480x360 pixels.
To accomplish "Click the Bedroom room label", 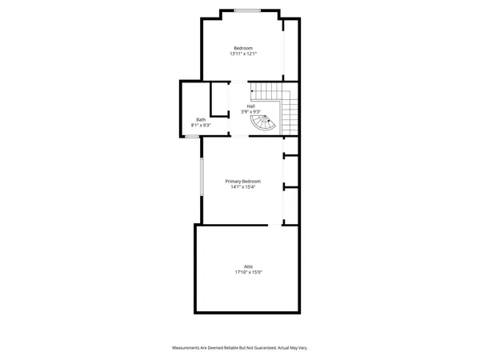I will click(243, 47).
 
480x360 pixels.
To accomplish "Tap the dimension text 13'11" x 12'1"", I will click(243, 54).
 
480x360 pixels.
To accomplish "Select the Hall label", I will click(250, 106).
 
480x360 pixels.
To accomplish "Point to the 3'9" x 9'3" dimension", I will click(250, 112).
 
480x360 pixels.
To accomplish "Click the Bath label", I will click(200, 119).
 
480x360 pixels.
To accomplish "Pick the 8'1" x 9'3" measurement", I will click(200, 126).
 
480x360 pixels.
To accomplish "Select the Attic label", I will click(249, 266).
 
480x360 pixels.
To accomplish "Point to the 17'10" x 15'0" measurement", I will click(249, 273).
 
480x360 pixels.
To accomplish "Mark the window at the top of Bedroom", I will click(248, 10).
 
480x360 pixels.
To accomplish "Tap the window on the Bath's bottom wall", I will click(192, 137).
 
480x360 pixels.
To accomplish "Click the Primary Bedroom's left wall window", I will click(201, 178).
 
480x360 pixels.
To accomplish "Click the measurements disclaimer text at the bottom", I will click(240, 348).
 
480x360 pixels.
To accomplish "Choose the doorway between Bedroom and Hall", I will click(238, 82).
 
